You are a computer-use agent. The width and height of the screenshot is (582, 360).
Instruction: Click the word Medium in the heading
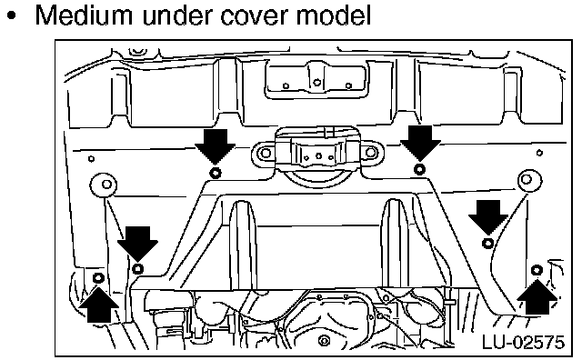[x=83, y=15]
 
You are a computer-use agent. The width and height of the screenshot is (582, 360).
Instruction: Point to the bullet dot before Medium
[x=12, y=16]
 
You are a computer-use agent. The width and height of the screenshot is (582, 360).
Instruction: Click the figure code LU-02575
[x=523, y=342]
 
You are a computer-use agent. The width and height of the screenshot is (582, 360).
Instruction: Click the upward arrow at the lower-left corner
[x=99, y=305]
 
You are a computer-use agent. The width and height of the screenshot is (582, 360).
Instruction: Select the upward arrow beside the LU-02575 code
[x=537, y=297]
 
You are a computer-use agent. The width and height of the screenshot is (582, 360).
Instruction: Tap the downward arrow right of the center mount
[x=420, y=143]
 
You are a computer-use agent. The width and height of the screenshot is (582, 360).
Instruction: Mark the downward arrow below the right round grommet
[x=488, y=217]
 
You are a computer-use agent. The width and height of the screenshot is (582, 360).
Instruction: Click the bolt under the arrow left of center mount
[x=216, y=173]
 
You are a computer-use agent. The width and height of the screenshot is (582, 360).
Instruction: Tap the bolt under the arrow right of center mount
[x=420, y=169]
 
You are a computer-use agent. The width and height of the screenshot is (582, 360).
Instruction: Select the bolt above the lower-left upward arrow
[x=98, y=277]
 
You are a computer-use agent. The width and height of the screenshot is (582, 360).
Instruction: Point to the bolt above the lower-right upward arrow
[x=537, y=270]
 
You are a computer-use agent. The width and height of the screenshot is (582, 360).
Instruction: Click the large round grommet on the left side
[x=104, y=185]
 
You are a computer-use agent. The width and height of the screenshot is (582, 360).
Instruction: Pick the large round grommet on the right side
[x=529, y=180]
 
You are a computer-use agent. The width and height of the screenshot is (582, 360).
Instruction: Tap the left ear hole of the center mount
[x=266, y=153]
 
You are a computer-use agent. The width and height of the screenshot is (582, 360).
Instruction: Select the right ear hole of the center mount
[x=370, y=152]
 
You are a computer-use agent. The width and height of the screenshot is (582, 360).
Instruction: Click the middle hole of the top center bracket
[x=316, y=83]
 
